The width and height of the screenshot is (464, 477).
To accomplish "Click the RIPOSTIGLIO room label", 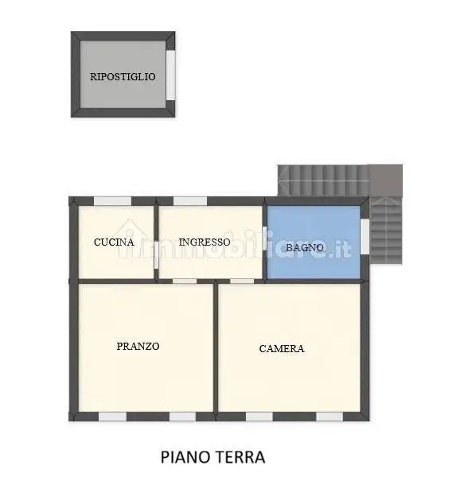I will [x=123, y=76].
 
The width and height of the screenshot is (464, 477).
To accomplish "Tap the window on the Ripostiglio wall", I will [x=170, y=76].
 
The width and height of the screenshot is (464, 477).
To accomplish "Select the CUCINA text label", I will [x=114, y=242].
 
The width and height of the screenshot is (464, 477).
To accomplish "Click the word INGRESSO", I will [x=205, y=242].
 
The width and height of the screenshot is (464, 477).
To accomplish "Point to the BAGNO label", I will [x=305, y=247].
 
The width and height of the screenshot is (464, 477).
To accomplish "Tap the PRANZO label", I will [x=138, y=346].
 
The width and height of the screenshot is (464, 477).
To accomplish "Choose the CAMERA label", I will [x=282, y=348].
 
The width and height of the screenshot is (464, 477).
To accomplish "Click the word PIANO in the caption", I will [x=185, y=457].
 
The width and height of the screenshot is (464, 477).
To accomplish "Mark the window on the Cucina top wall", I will [x=112, y=201].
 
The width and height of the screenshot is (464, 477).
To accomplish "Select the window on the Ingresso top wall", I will [x=190, y=201].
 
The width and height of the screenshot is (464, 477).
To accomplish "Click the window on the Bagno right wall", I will [x=365, y=237].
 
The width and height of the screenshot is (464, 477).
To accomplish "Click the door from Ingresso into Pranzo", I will [x=185, y=281].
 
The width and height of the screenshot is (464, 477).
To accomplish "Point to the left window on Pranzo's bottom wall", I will [x=112, y=416].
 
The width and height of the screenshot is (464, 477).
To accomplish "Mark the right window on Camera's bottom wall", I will [x=329, y=416].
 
